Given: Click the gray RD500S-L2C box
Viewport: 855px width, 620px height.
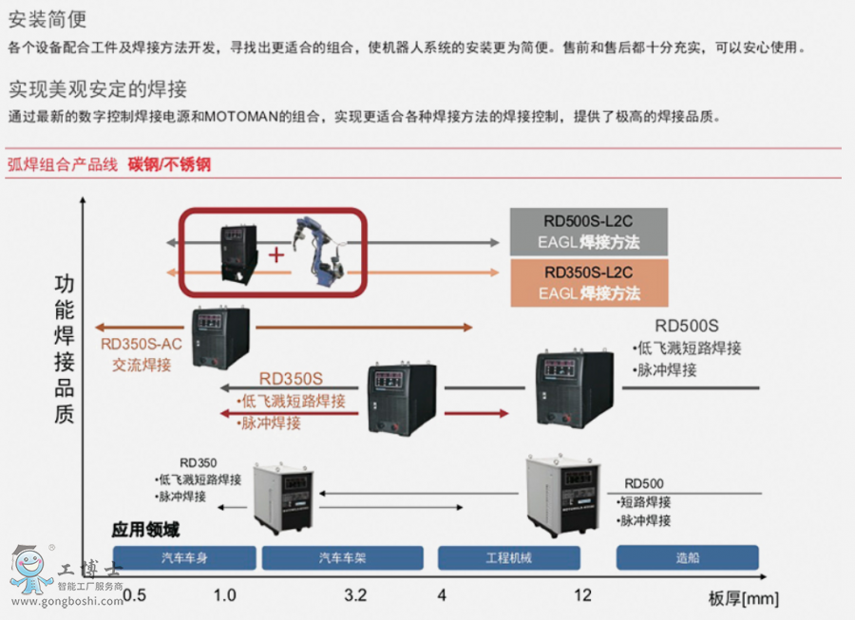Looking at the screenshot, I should coord(589,233).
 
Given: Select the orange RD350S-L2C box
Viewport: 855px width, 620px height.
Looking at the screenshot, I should coord(589,283).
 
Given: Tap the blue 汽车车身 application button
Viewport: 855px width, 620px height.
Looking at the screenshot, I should coord(184,557).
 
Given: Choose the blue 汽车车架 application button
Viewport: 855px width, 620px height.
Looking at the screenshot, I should coord(342,557).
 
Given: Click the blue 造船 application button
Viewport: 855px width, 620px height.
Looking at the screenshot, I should coord(687,557).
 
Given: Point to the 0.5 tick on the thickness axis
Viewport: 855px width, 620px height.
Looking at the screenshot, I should coord(134,595).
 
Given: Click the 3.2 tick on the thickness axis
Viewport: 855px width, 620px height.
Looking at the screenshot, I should coord(355,595).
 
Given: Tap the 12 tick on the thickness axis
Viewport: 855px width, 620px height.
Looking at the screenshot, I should coord(582,595).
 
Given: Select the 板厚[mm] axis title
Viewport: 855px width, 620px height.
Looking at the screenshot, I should coord(744,598).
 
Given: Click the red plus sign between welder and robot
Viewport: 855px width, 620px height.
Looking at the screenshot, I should coord(276,254).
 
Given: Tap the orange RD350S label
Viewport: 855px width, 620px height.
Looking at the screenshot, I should coord(291,379).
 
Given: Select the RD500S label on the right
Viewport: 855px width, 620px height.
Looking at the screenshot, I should coord(687,326).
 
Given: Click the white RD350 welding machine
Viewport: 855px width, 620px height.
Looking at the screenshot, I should coord(281,496).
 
